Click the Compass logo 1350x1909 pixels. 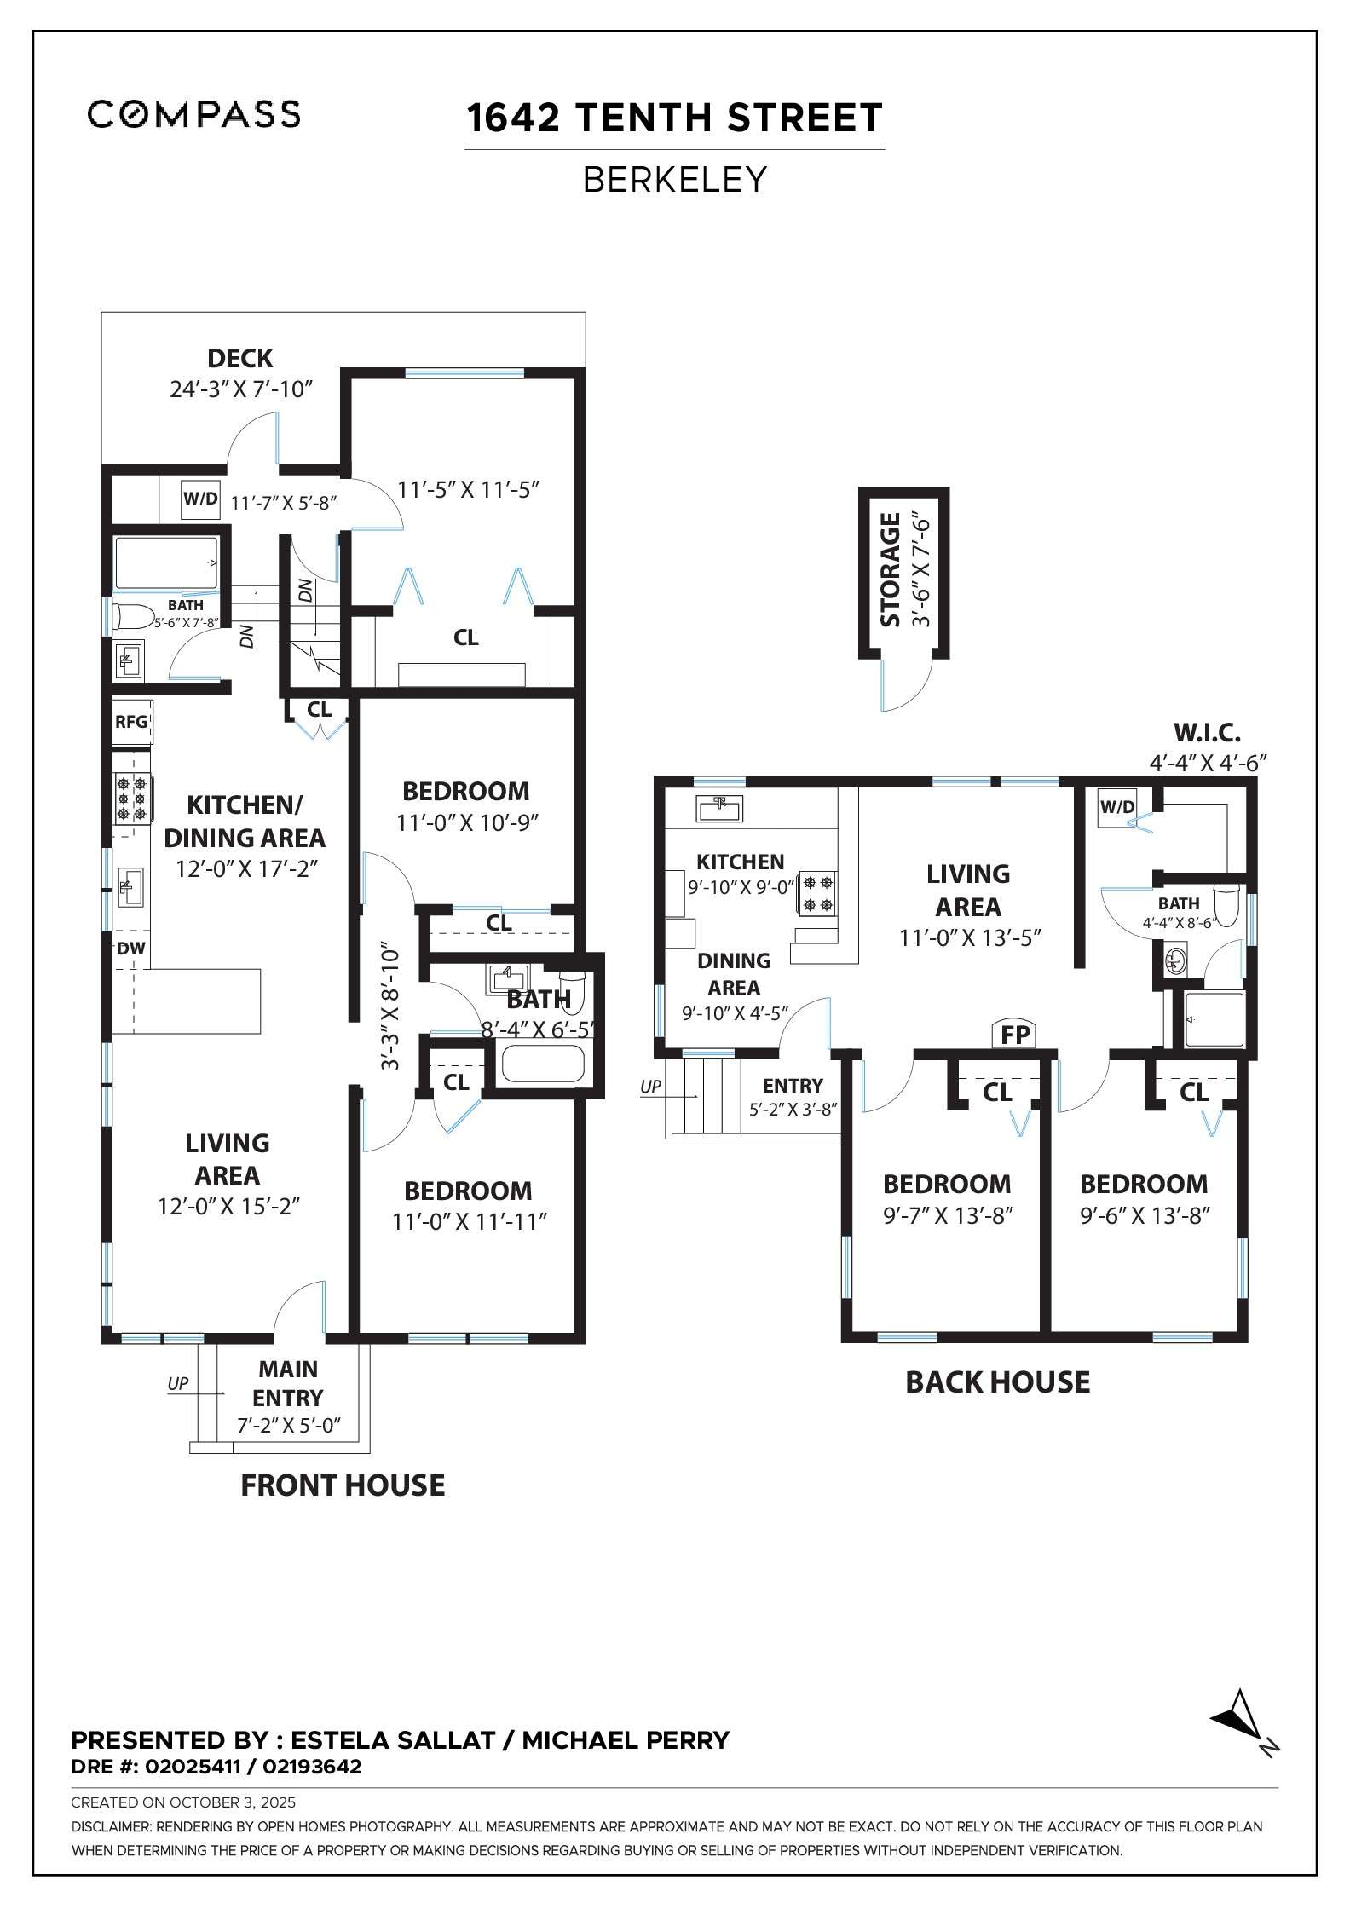(194, 114)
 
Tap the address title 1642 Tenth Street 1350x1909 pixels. (674, 118)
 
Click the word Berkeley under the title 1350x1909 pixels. (675, 180)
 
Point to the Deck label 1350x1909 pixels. (240, 358)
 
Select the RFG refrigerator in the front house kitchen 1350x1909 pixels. (131, 722)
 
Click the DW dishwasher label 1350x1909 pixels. (131, 949)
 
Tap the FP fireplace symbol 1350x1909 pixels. (1015, 1035)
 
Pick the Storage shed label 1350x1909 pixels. (891, 569)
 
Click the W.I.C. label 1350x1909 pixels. (1207, 732)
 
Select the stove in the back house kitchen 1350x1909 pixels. (816, 892)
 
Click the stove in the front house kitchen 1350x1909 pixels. (132, 799)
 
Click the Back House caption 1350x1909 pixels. (997, 1381)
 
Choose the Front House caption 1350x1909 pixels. (343, 1485)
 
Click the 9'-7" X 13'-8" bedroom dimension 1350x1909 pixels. (947, 1215)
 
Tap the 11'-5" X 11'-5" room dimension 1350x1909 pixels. (470, 490)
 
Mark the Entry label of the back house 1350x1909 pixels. (793, 1086)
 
